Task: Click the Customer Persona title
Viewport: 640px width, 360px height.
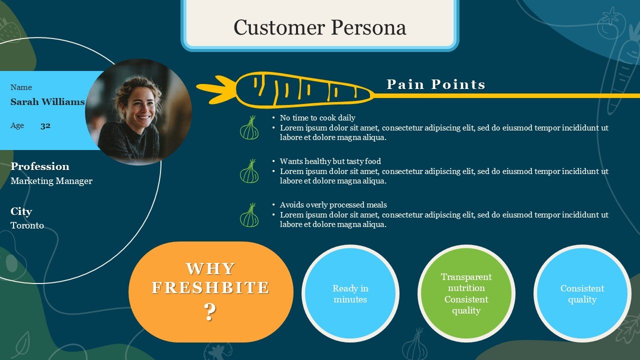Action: click(x=319, y=27)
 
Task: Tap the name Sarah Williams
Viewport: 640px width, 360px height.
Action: click(x=47, y=101)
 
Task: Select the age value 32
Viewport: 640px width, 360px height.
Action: click(x=45, y=125)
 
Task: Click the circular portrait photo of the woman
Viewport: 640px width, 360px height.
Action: click(x=138, y=112)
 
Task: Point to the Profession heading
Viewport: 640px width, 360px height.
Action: click(x=40, y=166)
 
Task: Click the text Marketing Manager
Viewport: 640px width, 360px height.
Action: click(x=51, y=181)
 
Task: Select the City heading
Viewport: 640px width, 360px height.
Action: click(x=21, y=211)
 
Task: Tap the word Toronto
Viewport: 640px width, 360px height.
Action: click(x=27, y=225)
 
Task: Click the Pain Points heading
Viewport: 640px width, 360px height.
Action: click(x=436, y=84)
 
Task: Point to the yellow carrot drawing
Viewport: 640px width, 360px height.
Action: click(x=285, y=89)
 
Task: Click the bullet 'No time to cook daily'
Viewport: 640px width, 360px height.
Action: click(x=317, y=117)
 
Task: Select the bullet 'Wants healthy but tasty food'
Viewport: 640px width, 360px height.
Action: click(x=330, y=161)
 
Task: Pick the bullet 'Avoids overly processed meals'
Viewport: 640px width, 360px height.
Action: click(x=333, y=205)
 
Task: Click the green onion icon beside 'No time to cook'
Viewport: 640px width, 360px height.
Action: click(x=249, y=127)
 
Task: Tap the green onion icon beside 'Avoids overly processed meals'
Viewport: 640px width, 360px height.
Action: click(x=249, y=215)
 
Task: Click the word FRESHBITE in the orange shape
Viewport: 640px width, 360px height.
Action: click(x=210, y=287)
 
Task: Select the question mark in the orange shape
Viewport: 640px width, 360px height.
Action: click(x=209, y=311)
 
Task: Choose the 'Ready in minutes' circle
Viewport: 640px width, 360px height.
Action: click(x=350, y=293)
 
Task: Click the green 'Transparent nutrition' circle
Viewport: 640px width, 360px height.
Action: click(x=466, y=293)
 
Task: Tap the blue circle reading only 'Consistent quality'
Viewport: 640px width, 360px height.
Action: click(x=582, y=293)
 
